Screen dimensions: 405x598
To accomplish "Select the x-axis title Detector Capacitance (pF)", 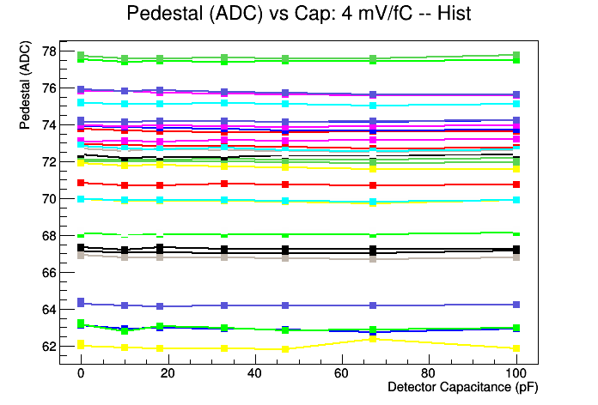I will pyautogui.click(x=463, y=387).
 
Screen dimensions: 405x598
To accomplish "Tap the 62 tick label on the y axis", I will pyautogui.click(x=48, y=346).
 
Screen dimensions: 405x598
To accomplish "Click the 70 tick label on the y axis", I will pyautogui.click(x=48, y=198).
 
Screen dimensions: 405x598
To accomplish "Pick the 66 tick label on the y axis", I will pyautogui.click(x=48, y=272).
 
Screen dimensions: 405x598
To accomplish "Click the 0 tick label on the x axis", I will pyautogui.click(x=81, y=373).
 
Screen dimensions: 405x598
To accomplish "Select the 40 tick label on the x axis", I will pyautogui.click(x=254, y=373).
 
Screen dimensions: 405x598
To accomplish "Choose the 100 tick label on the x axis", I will pyautogui.click(x=516, y=373).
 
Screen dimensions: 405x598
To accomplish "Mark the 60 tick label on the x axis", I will pyautogui.click(x=342, y=373).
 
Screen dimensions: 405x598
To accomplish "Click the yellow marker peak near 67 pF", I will pyautogui.click(x=372, y=339).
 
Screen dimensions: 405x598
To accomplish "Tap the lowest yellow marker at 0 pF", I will pyautogui.click(x=81, y=345).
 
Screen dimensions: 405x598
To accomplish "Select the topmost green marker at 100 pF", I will pyautogui.click(x=516, y=56).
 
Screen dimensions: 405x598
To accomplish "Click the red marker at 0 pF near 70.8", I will pyautogui.click(x=81, y=183).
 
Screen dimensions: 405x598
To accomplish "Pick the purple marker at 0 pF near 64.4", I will pyautogui.click(x=81, y=302).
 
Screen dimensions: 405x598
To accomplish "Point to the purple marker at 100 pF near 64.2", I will pyautogui.click(x=516, y=305).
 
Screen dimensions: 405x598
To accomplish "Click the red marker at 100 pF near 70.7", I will pyautogui.click(x=516, y=184).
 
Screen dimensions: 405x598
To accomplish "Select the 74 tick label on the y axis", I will pyautogui.click(x=48, y=124).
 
